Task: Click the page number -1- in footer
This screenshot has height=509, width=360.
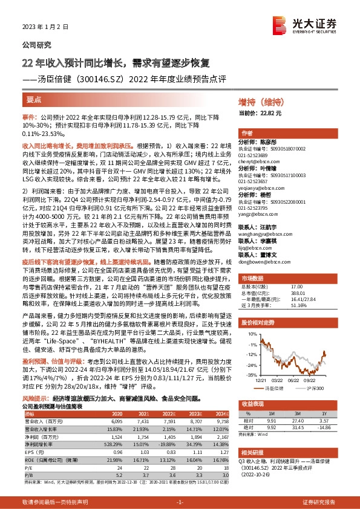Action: coord(180,502)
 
